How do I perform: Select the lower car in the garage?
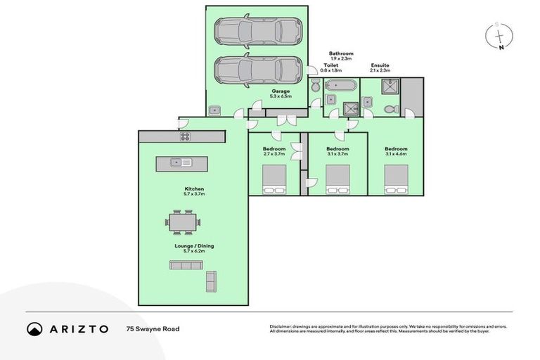(x=258, y=70)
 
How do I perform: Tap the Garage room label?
(x=281, y=94)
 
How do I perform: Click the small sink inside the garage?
(x=214, y=110)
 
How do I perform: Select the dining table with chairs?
(x=183, y=223)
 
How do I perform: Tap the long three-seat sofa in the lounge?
(x=186, y=265)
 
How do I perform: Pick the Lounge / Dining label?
(x=193, y=249)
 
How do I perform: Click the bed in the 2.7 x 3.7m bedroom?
(x=274, y=179)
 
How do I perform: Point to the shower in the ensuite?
(x=390, y=86)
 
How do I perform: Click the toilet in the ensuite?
(x=392, y=110)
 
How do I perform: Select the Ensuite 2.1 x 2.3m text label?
(x=380, y=68)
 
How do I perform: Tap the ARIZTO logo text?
(x=68, y=328)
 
